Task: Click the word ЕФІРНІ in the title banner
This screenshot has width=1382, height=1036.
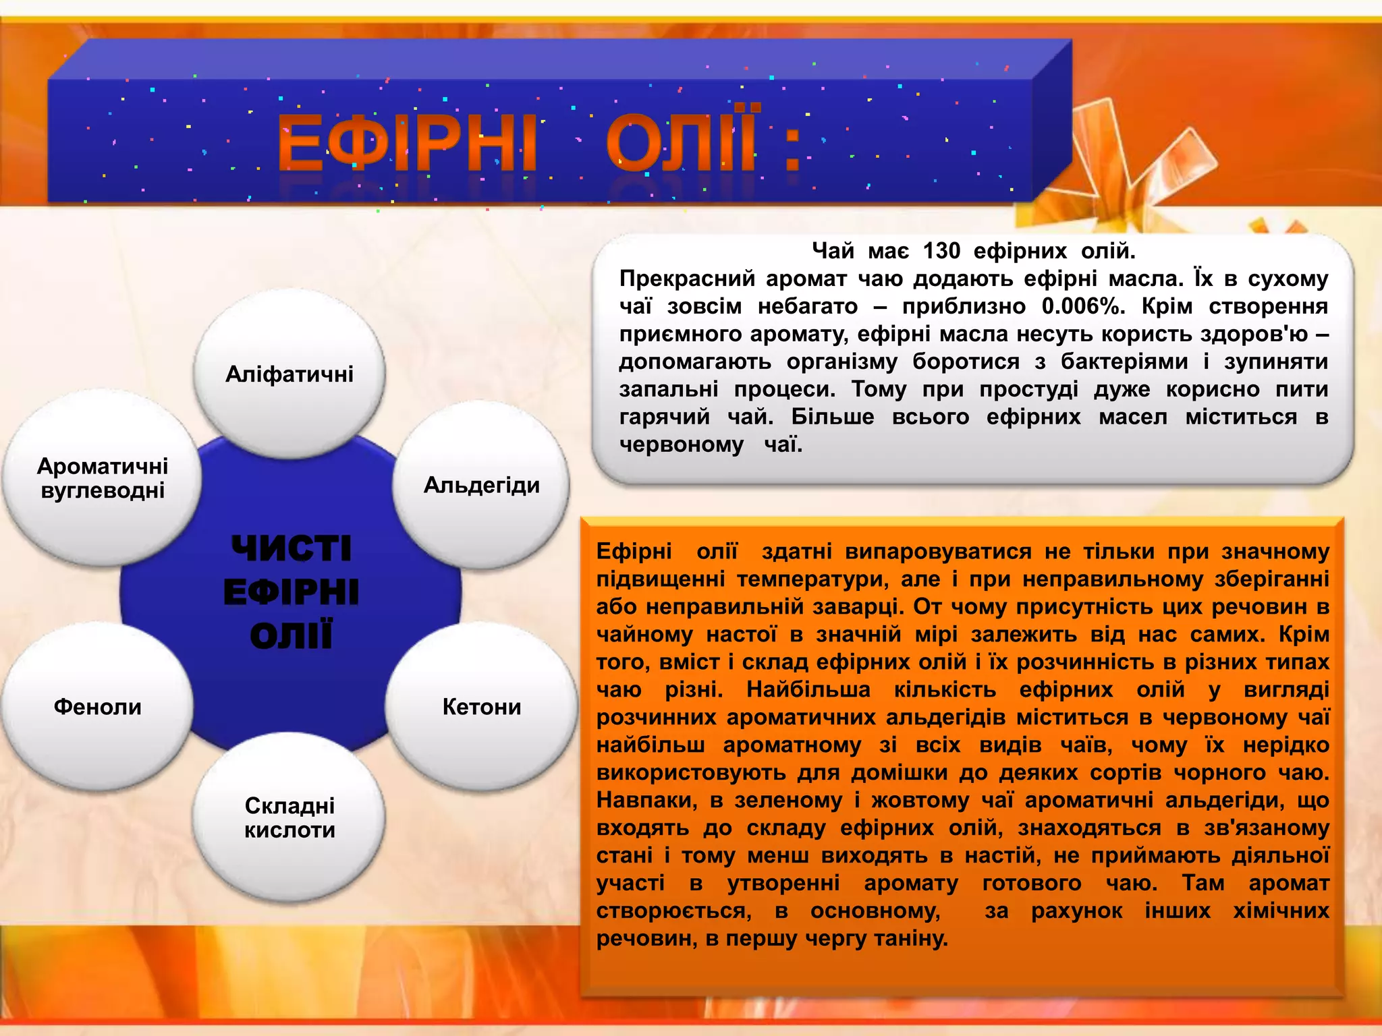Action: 407,143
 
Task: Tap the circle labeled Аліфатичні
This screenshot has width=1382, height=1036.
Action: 289,374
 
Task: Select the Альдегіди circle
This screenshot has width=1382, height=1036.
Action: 481,485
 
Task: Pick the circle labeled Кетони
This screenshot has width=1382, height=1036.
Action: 481,707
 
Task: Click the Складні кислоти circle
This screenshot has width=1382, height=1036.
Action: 289,817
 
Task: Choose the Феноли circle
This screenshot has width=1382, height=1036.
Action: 97,707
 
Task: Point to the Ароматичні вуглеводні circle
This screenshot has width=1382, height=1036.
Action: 102,478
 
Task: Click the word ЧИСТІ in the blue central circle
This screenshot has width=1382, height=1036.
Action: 291,548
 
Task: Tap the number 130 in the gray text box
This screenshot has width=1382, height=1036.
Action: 941,251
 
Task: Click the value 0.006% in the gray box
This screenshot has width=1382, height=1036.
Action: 1083,306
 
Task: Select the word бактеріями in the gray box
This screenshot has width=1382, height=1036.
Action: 1124,362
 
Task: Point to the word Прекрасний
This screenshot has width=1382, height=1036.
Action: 686,279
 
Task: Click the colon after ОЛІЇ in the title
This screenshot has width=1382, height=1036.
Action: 792,150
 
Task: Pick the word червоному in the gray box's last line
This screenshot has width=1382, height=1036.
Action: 681,444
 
